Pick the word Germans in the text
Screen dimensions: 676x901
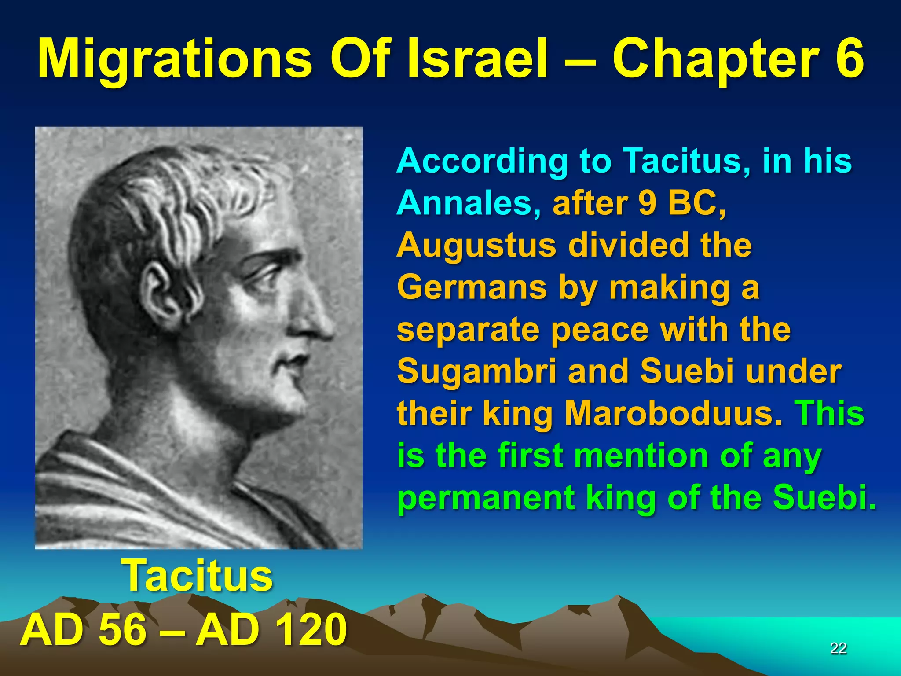tap(471, 287)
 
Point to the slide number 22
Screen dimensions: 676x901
tap(838, 648)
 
